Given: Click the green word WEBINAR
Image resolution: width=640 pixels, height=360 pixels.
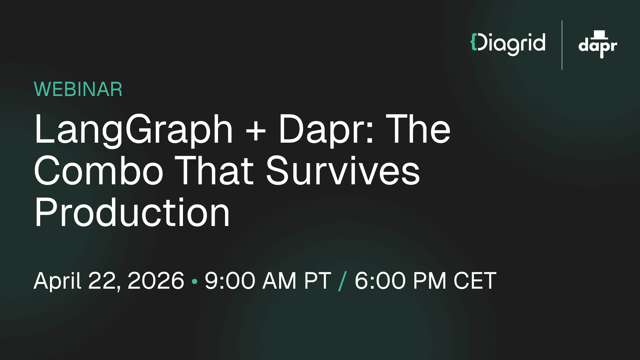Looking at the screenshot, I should coord(78,89).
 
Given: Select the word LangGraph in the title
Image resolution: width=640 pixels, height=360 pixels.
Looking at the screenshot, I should coord(133,129).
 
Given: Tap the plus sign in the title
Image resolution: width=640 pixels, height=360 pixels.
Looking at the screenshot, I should coord(256,130).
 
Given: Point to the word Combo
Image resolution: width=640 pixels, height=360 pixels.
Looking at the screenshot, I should coord(99,171).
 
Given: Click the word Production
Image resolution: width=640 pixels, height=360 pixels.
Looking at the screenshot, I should coord(132,212).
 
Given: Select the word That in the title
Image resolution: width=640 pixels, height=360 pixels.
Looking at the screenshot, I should coord(214,171).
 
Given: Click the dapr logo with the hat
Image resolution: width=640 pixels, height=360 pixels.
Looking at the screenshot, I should coord(598,45).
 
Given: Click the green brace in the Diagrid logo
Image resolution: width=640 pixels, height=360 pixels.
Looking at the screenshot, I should coord(473,42).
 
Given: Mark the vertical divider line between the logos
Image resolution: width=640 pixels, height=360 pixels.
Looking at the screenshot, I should coord(562,45).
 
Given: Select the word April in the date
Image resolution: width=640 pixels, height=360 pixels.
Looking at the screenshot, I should coord(57,281).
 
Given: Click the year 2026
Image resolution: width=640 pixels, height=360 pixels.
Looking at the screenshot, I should coord(156,281).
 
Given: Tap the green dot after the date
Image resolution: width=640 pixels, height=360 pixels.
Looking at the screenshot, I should coord(195,282).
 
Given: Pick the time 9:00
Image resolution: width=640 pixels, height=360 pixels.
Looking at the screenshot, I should coord(230,281).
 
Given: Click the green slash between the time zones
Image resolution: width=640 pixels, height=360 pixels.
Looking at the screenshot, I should coord(342,281).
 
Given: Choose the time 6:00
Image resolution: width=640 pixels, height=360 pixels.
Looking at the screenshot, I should coord(380,281).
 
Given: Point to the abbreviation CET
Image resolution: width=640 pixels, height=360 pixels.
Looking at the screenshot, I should coord(475,281).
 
